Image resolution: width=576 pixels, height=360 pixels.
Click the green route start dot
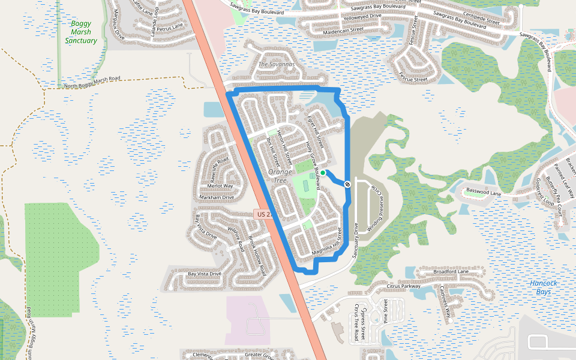pyautogui.click(x=323, y=173)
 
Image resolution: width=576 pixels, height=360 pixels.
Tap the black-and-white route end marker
pyautogui.click(x=347, y=184)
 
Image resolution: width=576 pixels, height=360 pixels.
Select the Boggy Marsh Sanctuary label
pyautogui.click(x=81, y=32)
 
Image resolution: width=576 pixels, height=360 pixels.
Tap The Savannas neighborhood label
pyautogui.click(x=277, y=64)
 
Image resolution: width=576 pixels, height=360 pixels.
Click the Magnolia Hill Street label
pyautogui.click(x=326, y=243)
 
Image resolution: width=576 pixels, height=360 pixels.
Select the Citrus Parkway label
pyautogui.click(x=404, y=286)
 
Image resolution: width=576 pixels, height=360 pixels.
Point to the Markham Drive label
pyautogui.click(x=216, y=197)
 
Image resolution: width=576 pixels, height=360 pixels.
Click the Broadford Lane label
pyautogui.click(x=451, y=272)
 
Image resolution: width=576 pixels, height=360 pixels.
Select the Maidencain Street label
pyautogui.click(x=343, y=29)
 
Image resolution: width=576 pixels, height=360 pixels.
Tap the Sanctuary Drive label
pyautogui.click(x=355, y=241)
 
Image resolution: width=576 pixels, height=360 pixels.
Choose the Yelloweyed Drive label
pyautogui.click(x=360, y=16)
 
